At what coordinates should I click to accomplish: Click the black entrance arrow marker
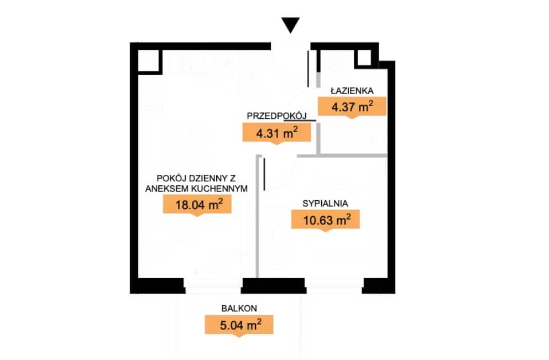pyautogui.click(x=290, y=25)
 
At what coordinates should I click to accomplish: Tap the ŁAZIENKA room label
pyautogui.click(x=352, y=91)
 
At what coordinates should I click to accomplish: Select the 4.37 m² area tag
pyautogui.click(x=352, y=107)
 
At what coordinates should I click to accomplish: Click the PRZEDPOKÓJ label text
pyautogui.click(x=276, y=116)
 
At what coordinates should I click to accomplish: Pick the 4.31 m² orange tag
pyautogui.click(x=276, y=133)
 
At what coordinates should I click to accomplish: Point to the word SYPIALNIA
pyautogui.click(x=325, y=204)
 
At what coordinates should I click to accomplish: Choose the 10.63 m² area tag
pyautogui.click(x=325, y=220)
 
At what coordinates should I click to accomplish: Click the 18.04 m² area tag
pyautogui.click(x=197, y=204)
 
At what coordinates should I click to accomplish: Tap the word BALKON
pyautogui.click(x=239, y=309)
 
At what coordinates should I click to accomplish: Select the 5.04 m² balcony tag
pyautogui.click(x=239, y=325)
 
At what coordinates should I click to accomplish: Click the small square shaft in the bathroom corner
pyautogui.click(x=364, y=58)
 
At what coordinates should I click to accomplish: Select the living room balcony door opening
pyautogui.click(x=213, y=286)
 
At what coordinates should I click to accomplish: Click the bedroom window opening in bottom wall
pyautogui.click(x=334, y=286)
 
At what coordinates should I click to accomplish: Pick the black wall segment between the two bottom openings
pyautogui.click(x=274, y=286)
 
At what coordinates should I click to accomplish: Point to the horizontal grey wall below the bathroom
pyautogui.click(x=342, y=155)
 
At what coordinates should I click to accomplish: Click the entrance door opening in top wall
pyautogui.click(x=291, y=46)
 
